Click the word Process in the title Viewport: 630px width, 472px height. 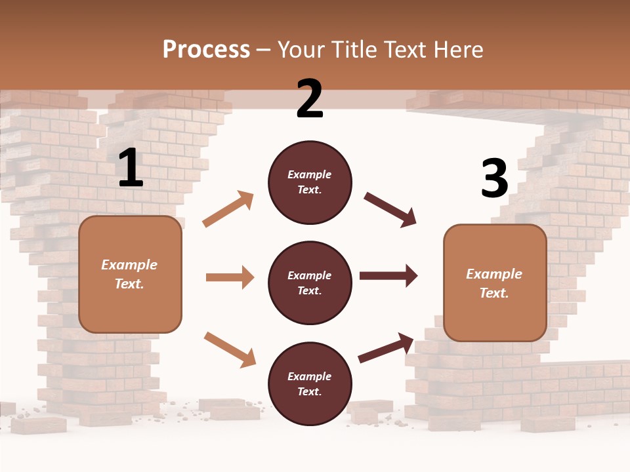click(206, 50)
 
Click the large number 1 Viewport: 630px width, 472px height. click(131, 168)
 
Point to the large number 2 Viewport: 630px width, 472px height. click(310, 99)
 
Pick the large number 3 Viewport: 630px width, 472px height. click(494, 178)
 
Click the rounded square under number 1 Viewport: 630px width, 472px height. click(130, 274)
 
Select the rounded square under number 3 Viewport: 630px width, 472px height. click(495, 283)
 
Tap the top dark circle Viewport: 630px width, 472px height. click(310, 182)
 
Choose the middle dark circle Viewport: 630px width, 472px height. click(310, 283)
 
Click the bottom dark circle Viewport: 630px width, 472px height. click(310, 383)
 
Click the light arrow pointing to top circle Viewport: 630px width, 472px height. click(228, 209)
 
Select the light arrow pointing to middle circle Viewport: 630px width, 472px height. click(230, 277)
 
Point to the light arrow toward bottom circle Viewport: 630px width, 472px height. click(230, 349)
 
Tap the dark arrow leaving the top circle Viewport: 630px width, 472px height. click(390, 209)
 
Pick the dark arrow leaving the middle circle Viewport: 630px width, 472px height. click(388, 276)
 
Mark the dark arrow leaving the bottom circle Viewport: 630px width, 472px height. click(387, 348)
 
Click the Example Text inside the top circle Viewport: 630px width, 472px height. click(310, 182)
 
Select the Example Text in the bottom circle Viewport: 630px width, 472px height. click(310, 384)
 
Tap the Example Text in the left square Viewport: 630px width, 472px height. click(130, 274)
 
